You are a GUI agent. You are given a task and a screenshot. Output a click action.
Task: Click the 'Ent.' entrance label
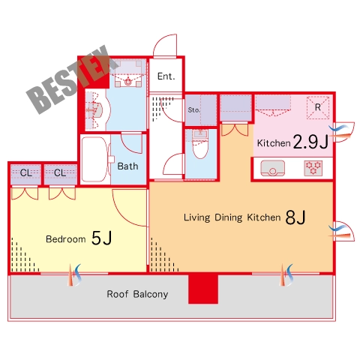point(166,76)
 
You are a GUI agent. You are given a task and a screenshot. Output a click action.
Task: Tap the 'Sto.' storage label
point(194,110)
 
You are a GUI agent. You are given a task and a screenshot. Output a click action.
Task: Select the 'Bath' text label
point(127,166)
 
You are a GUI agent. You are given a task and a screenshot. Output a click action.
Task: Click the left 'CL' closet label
point(26,172)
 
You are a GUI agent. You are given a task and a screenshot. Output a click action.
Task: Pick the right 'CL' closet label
point(60,172)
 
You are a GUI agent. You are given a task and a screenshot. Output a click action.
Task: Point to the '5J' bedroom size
point(101,238)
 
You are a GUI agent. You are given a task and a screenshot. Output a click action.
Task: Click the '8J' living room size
point(295,217)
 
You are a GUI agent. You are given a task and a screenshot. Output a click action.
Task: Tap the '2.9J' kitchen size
point(310,142)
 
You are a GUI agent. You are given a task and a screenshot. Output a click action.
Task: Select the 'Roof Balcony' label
point(137,294)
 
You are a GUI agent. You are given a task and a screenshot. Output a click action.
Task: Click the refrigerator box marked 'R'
point(318,107)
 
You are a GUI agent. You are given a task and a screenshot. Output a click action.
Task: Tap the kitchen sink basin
point(272,168)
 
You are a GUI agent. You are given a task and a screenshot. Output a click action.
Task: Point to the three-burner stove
point(313,168)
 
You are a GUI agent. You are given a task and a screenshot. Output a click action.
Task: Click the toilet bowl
point(200,148)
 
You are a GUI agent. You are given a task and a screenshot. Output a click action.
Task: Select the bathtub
point(94,159)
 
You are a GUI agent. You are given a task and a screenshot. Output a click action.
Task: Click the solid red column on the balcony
point(203,289)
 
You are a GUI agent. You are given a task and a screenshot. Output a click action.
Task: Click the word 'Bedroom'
point(66,239)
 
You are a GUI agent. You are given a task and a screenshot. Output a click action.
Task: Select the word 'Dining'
point(229,217)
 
